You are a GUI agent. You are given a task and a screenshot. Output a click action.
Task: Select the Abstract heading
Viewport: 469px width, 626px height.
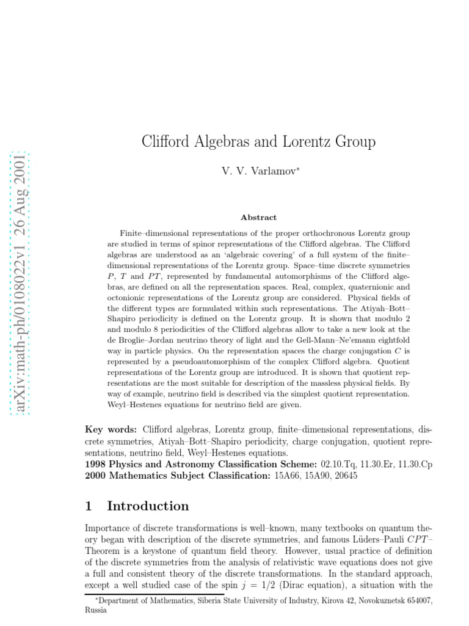click(x=258, y=217)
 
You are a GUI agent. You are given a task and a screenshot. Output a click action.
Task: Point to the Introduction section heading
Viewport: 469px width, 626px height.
click(x=148, y=506)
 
